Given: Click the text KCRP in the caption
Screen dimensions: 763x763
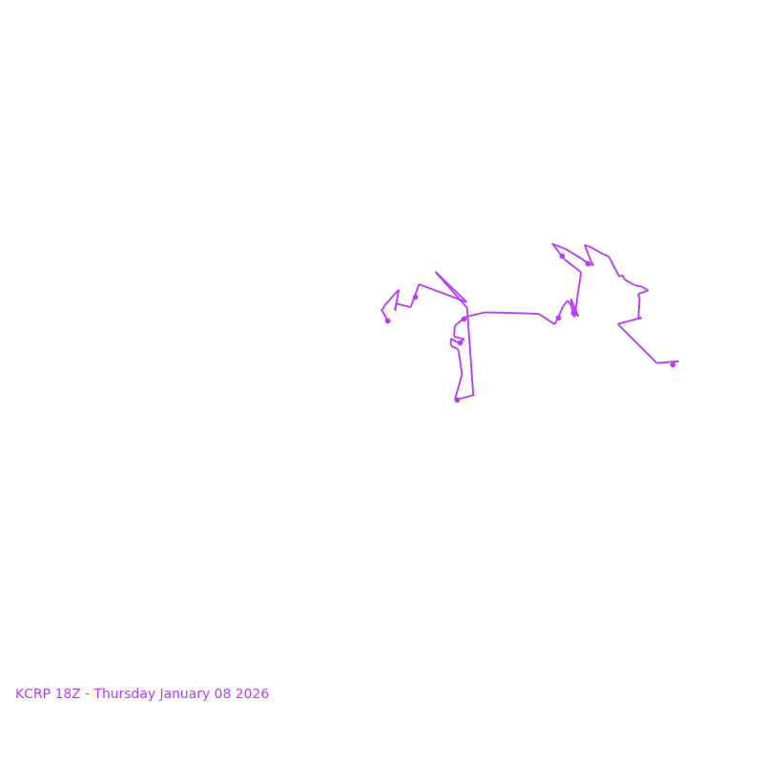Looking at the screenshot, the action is [x=33, y=694].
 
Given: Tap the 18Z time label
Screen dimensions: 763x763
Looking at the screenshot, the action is [x=68, y=694].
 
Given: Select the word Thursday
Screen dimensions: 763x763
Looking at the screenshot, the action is [x=124, y=694].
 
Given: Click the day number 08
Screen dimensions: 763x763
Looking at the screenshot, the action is [x=225, y=694].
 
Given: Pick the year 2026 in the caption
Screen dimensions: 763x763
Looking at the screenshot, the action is [x=254, y=694].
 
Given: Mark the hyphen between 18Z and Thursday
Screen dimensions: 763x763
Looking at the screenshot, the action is [x=87, y=694].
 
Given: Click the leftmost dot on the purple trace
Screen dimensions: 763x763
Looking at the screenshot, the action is [x=387, y=320].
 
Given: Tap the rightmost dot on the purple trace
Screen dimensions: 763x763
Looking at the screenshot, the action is [x=672, y=364].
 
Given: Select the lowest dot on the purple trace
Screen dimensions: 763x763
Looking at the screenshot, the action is [x=457, y=400].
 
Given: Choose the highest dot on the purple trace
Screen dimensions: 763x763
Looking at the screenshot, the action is [x=562, y=256].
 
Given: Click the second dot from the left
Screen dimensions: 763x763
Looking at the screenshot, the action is [x=415, y=297].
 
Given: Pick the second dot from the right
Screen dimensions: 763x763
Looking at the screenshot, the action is [x=588, y=264].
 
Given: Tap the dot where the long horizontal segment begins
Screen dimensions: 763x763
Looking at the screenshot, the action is [x=464, y=319].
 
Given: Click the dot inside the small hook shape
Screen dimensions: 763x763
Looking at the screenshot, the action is [x=460, y=342].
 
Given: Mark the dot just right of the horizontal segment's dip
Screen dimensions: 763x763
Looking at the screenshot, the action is [x=558, y=319].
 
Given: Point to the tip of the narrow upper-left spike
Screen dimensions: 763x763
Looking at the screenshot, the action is [x=436, y=272].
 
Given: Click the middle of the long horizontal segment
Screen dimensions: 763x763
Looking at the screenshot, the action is [x=511, y=313].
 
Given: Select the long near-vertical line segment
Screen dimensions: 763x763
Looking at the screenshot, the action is [x=470, y=353].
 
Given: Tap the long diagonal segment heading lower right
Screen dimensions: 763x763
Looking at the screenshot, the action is [x=637, y=343].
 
